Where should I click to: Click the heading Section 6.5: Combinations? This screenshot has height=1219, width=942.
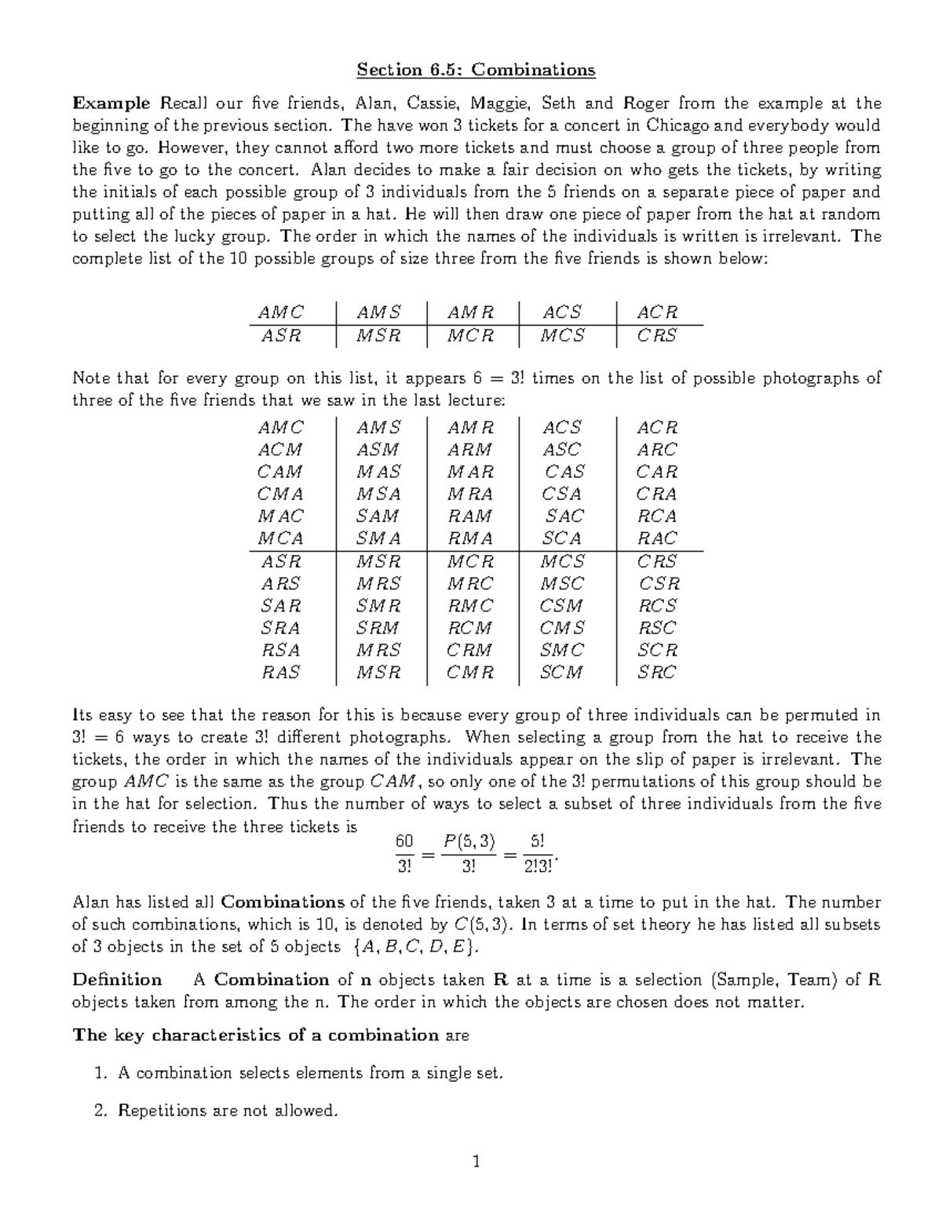point(476,70)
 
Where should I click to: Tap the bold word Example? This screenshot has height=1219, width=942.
point(111,103)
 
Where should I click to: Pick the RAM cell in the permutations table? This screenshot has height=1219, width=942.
point(469,516)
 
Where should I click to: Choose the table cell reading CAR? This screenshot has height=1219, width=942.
point(656,472)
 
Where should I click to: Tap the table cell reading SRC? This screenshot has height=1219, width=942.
point(656,672)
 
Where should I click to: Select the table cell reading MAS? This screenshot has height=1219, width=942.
point(378,472)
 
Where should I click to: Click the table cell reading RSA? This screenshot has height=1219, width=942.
point(280,650)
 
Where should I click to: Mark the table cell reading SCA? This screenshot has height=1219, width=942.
point(561,538)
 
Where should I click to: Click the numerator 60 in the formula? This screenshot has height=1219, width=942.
point(403,841)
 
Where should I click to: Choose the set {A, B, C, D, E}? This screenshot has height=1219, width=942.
point(414,947)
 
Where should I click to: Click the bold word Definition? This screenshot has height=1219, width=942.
point(117,980)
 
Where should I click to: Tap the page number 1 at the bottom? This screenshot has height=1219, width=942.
point(476,1162)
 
